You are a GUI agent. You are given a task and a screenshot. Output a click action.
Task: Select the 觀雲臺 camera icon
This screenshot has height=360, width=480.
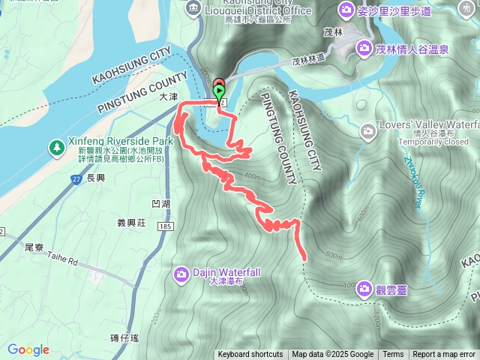(364, 288)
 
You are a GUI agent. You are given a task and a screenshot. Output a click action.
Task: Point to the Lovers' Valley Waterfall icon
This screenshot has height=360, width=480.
(367, 131)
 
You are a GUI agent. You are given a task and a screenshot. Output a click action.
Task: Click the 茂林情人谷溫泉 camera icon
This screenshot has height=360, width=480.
(364, 49)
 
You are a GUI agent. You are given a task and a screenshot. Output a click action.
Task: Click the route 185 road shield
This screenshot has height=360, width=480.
(163, 226)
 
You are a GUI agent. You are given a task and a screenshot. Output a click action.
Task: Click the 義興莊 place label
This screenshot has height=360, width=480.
(131, 222)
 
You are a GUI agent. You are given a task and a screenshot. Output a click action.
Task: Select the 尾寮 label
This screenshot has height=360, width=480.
(34, 246)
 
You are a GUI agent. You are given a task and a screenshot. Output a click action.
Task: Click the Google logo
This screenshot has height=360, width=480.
(28, 349)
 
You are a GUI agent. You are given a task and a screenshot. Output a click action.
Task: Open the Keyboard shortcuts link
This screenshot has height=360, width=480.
(250, 355)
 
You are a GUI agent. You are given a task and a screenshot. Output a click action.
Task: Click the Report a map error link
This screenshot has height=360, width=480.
(444, 355)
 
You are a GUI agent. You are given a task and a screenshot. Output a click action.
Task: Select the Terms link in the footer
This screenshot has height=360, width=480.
(393, 355)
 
